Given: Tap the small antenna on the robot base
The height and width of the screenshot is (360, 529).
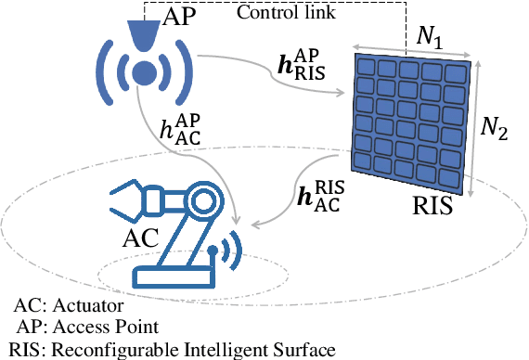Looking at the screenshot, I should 214,253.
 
